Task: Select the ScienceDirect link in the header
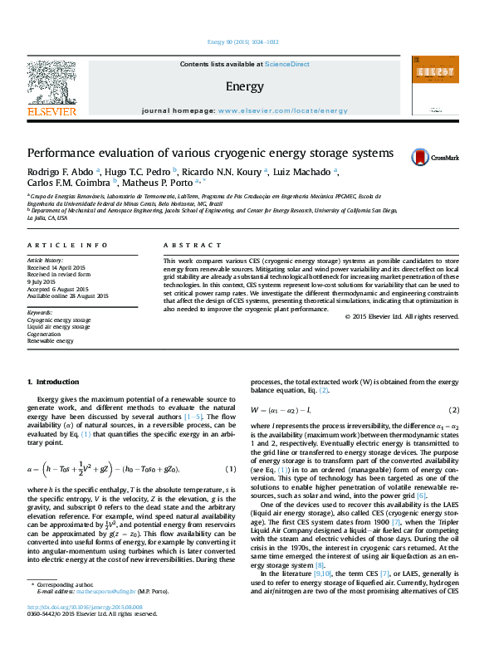(287, 64)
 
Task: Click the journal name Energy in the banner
(244, 86)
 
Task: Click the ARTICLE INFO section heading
(68, 246)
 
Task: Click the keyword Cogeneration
(46, 334)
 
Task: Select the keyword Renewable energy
(51, 341)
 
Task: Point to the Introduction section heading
(53, 381)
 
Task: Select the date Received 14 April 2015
(57, 268)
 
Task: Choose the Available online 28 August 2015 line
(68, 295)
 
